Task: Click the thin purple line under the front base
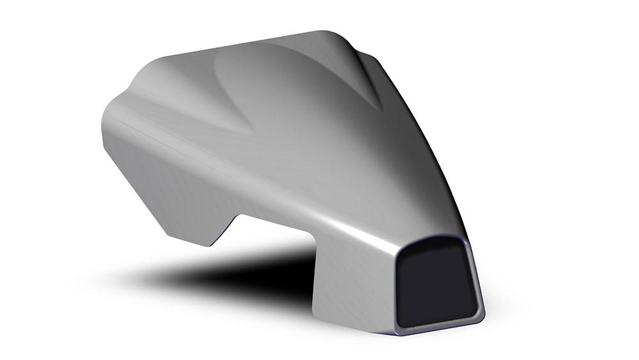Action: click(x=435, y=334)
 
